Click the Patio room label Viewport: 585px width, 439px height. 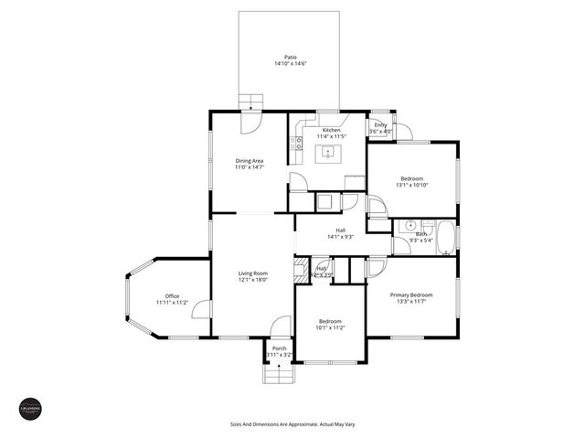(x=289, y=57)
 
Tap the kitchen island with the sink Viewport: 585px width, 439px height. (x=330, y=153)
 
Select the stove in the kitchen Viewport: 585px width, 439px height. (x=296, y=143)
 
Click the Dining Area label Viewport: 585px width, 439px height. (x=250, y=161)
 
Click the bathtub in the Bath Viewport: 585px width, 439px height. (x=445, y=239)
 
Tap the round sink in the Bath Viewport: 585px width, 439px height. (x=412, y=224)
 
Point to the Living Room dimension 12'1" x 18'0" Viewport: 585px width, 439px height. (x=253, y=280)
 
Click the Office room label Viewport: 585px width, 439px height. (x=172, y=295)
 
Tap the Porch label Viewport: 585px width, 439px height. (x=279, y=348)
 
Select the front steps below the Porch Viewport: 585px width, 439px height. (x=276, y=374)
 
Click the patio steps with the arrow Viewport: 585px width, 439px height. (x=250, y=102)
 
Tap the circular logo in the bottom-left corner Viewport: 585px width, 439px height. (x=30, y=410)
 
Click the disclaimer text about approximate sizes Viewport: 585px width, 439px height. (x=292, y=424)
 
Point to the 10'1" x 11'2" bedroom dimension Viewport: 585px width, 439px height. (x=330, y=327)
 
